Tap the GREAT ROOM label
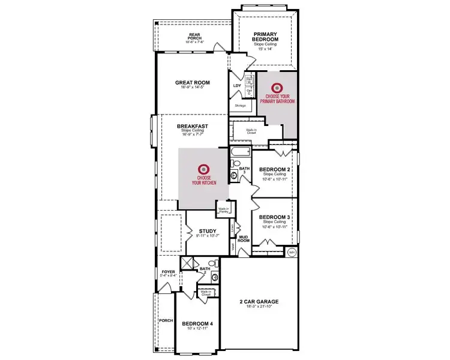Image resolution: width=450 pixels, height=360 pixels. [192, 83]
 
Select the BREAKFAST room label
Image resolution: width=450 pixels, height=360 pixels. [193, 127]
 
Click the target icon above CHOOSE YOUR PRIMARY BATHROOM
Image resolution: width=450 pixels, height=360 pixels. [277, 88]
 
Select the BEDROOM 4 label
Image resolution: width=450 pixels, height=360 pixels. [198, 323]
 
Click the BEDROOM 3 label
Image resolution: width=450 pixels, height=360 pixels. [275, 217]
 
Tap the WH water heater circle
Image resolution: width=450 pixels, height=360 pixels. [292, 252]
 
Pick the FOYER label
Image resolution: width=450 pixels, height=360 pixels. [168, 272]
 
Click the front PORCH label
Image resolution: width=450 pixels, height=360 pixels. [166, 320]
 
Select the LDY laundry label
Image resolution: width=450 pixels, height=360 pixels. [236, 85]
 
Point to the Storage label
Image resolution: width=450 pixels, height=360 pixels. [240, 106]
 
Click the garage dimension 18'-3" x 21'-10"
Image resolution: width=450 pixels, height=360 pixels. [260, 307]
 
